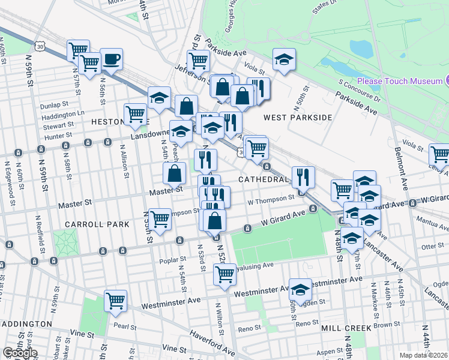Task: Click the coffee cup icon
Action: [x=111, y=59]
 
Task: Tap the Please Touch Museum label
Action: [x=400, y=81]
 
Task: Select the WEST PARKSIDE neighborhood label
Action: [x=297, y=118]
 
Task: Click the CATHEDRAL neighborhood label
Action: [x=264, y=179]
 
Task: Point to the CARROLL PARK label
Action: [x=98, y=224]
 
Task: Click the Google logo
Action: [x=20, y=353]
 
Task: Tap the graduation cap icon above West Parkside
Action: [x=284, y=59]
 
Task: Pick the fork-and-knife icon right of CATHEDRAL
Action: [x=303, y=176]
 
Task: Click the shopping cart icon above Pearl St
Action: [x=115, y=301]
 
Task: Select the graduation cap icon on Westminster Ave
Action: [x=300, y=289]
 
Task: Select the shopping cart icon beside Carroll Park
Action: [x=160, y=219]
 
